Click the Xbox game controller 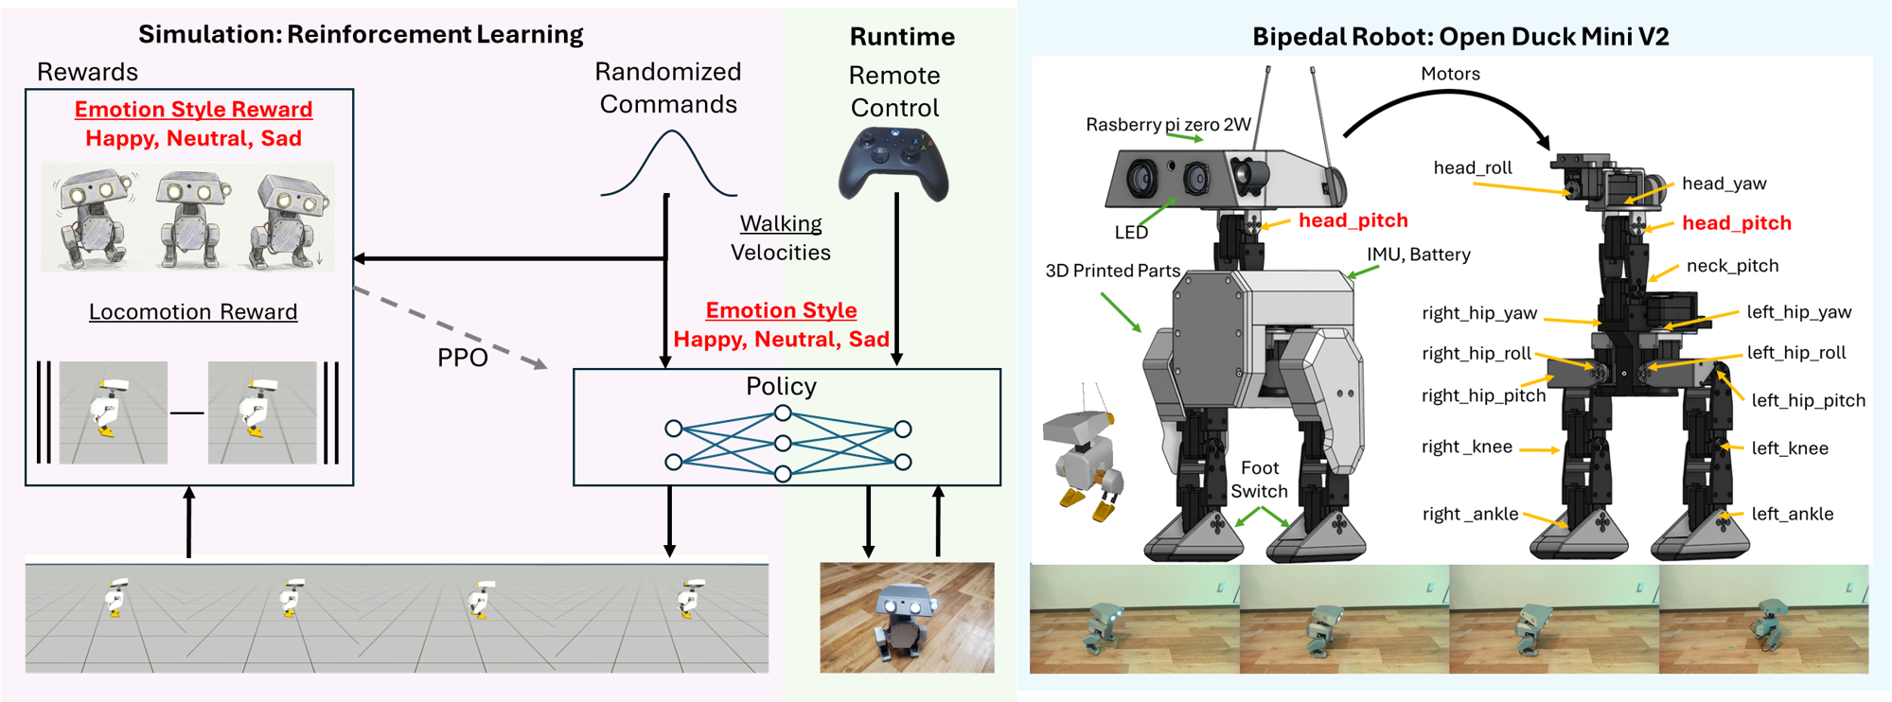pyautogui.click(x=893, y=164)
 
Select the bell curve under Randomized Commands pyautogui.click(x=669, y=165)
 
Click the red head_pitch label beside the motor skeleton pyautogui.click(x=1736, y=223)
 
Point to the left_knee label pyautogui.click(x=1789, y=448)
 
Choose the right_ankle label pyautogui.click(x=1470, y=514)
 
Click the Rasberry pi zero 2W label pyautogui.click(x=1168, y=125)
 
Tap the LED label pyautogui.click(x=1131, y=233)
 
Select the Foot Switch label pyautogui.click(x=1259, y=480)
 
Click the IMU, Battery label pyautogui.click(x=1418, y=254)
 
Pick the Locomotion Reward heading pyautogui.click(x=193, y=312)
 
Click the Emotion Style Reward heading pyautogui.click(x=193, y=110)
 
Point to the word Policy pyautogui.click(x=781, y=386)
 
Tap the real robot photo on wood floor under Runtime pyautogui.click(x=906, y=617)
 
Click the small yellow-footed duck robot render pyautogui.click(x=1085, y=454)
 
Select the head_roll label pyautogui.click(x=1473, y=168)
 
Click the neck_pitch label pyautogui.click(x=1732, y=266)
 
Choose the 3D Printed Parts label pyautogui.click(x=1112, y=271)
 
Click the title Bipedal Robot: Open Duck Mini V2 pyautogui.click(x=1459, y=37)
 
